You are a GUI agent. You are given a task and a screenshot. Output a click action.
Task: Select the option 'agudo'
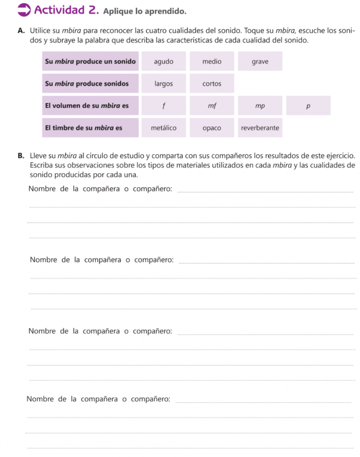(x=163, y=62)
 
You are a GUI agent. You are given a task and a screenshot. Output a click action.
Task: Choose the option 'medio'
(x=211, y=62)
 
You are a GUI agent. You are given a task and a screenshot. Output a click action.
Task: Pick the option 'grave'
(x=260, y=62)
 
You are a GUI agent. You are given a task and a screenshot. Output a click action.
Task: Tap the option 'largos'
(x=163, y=83)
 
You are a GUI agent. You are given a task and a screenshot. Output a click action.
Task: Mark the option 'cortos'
(x=211, y=83)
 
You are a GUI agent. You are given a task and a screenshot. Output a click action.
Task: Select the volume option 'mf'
(x=211, y=106)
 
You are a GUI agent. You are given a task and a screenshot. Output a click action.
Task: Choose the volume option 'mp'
(x=260, y=106)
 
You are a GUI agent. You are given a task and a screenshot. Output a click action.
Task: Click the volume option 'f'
(x=163, y=106)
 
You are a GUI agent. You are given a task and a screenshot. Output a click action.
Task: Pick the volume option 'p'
(x=308, y=106)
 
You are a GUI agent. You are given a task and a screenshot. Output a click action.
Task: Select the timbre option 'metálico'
(x=163, y=128)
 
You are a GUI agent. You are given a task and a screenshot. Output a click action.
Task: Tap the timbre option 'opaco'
(x=211, y=128)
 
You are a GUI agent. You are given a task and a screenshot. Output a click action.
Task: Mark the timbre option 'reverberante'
(x=260, y=128)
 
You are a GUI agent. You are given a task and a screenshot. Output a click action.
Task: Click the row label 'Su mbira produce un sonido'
(x=90, y=62)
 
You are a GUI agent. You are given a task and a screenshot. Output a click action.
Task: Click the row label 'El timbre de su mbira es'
(x=83, y=128)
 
